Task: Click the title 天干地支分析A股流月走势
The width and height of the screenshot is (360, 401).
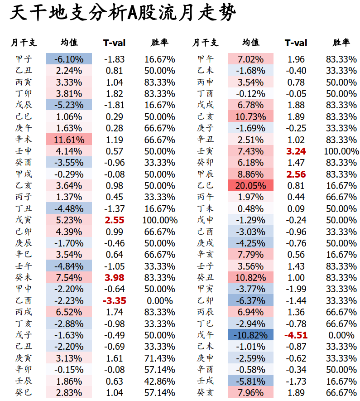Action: pyautogui.click(x=123, y=14)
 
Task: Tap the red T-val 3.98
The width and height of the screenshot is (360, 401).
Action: pyautogui.click(x=114, y=278)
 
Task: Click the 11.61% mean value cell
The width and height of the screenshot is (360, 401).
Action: pyautogui.click(x=69, y=140)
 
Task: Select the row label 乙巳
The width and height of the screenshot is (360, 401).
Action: pyautogui.click(x=205, y=186)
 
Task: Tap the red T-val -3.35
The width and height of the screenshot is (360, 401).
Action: pyautogui.click(x=114, y=301)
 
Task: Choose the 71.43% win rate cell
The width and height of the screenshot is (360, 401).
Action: pyautogui.click(x=160, y=358)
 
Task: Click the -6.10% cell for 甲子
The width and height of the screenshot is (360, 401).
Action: pyautogui.click(x=69, y=59)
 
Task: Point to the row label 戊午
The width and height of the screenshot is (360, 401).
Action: pyautogui.click(x=205, y=335)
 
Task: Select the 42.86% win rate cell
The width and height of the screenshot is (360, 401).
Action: pyautogui.click(x=160, y=381)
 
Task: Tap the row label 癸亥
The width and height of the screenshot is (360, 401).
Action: pyautogui.click(x=205, y=393)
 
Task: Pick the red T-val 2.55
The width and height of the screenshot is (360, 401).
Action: pyautogui.click(x=114, y=220)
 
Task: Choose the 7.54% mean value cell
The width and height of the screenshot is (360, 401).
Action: pyautogui.click(x=69, y=278)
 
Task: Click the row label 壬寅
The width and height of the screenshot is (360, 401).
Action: pyautogui.click(x=205, y=151)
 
